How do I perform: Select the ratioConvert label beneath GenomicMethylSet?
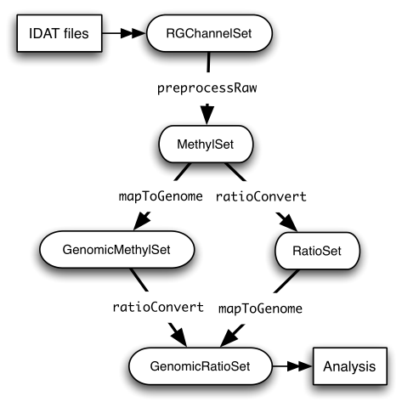(x=159, y=306)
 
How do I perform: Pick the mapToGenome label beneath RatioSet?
(x=262, y=306)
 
